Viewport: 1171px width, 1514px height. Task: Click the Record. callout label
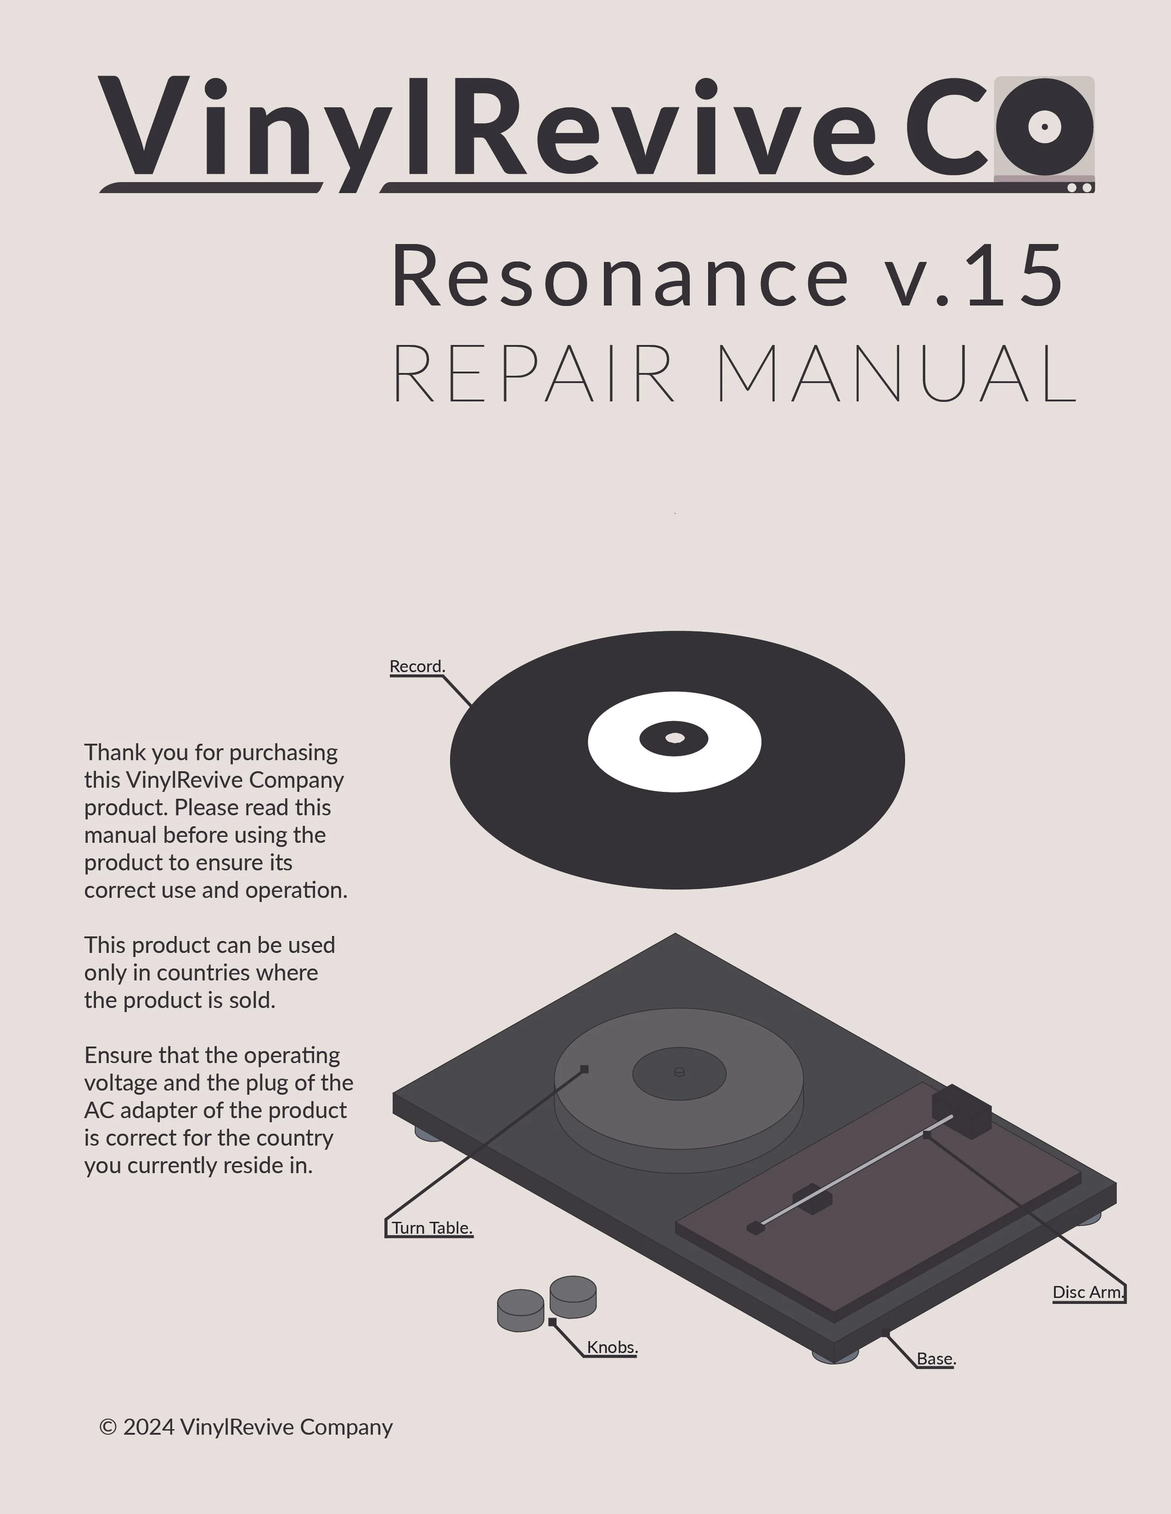[417, 666]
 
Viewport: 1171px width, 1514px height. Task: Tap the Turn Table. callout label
[431, 1228]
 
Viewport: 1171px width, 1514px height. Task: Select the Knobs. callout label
[612, 1347]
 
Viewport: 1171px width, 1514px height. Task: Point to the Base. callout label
[936, 1359]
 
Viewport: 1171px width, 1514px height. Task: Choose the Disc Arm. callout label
[1087, 1292]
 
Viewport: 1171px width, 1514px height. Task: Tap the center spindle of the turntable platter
[679, 1072]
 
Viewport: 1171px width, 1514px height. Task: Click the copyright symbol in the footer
[108, 1426]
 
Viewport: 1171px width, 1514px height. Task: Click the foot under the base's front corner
[835, 1357]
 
